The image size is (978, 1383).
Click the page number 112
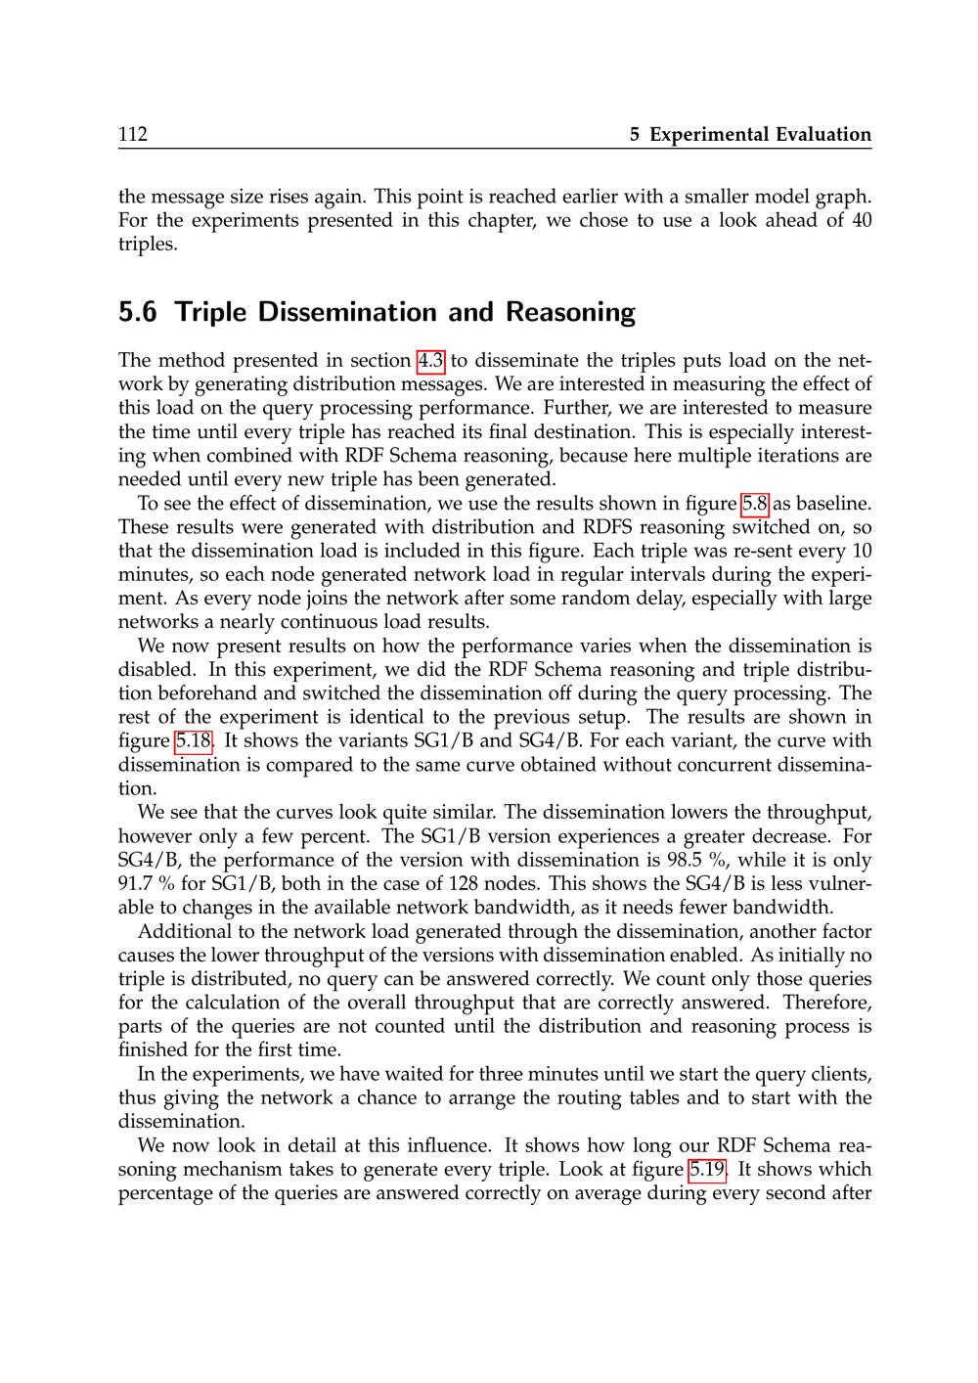[x=133, y=135]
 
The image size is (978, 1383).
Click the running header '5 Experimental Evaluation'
[x=750, y=135]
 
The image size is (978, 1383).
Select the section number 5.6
[x=137, y=313]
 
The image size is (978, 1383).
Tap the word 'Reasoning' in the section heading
[x=570, y=313]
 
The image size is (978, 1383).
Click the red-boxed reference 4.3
[x=430, y=361]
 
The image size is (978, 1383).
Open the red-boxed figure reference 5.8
[x=755, y=504]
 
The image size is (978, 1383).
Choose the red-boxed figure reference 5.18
[x=194, y=741]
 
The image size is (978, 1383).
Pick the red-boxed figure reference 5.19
[x=708, y=1170]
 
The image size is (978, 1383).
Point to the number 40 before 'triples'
[x=861, y=220]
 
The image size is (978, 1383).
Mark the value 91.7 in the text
[x=138, y=884]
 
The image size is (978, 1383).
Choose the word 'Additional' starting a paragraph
[x=184, y=932]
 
